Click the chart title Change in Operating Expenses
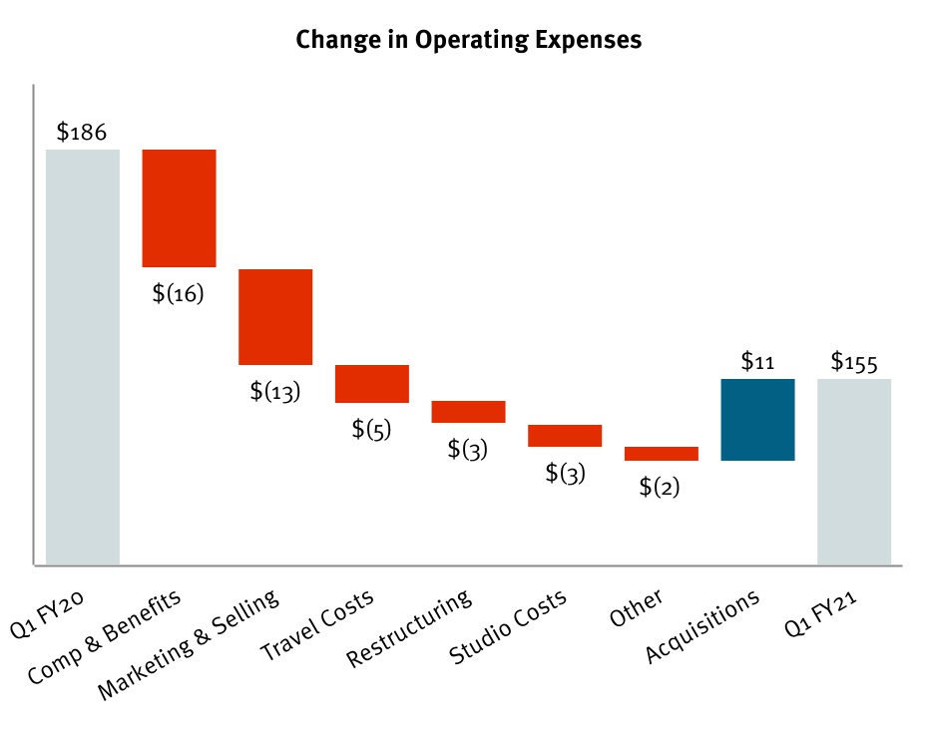[469, 41]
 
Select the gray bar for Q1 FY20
[83, 357]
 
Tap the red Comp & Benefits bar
[179, 207]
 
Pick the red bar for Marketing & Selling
[275, 316]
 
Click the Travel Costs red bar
[372, 383]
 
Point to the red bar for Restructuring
[468, 411]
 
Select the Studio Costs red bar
[565, 435]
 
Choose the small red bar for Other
[662, 453]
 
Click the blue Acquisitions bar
[757, 419]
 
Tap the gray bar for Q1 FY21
[854, 471]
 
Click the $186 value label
[82, 132]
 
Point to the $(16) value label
[179, 294]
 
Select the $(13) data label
[275, 391]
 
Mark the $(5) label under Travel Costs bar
[372, 429]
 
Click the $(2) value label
[660, 487]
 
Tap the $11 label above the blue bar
[758, 361]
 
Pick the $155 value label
[854, 361]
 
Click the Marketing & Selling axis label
[190, 646]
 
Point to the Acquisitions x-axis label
[703, 626]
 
